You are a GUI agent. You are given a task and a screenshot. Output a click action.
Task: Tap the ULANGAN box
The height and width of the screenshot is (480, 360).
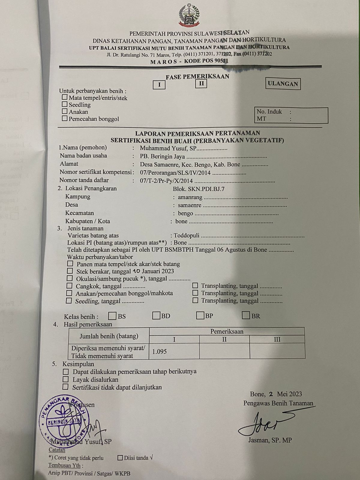(283, 84)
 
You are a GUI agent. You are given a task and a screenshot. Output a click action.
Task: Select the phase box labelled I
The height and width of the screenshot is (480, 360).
(159, 85)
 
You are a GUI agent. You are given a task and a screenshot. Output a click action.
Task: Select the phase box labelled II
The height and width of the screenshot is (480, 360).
(201, 83)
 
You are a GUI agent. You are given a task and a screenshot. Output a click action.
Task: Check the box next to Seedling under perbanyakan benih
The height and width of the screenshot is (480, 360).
(64, 104)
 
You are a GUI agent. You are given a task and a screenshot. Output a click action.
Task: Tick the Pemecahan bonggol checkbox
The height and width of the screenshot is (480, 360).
(64, 118)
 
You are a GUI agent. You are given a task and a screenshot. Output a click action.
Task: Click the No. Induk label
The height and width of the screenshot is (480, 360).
(269, 112)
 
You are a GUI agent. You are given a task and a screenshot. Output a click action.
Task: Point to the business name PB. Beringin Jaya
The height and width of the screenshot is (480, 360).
(162, 157)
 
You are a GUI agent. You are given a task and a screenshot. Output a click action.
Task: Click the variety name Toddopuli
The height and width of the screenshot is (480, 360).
(186, 235)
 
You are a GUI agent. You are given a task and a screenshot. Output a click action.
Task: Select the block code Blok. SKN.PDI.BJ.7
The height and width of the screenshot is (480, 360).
(198, 189)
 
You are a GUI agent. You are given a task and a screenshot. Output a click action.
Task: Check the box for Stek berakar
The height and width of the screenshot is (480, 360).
(70, 271)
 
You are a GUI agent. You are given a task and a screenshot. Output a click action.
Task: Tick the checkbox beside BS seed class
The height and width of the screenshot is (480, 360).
(112, 316)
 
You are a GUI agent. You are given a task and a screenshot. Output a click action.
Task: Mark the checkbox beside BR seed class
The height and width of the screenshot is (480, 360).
(246, 315)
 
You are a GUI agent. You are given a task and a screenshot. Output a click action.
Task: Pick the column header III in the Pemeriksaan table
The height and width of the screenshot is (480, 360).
(277, 339)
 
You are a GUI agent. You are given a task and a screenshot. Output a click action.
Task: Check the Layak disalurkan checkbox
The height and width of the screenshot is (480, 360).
(66, 379)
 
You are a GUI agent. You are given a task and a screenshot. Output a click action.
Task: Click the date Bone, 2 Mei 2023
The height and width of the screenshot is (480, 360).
(276, 394)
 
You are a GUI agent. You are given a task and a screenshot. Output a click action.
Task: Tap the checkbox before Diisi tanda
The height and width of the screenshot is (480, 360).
(120, 458)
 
